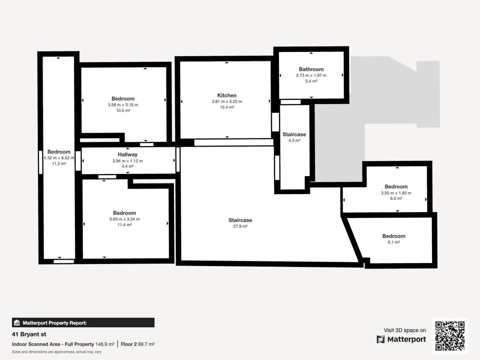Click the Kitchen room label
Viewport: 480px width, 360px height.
[227, 95]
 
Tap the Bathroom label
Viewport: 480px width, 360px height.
[311, 69]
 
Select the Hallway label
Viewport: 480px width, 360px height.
[127, 154]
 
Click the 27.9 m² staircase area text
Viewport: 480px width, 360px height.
[240, 226]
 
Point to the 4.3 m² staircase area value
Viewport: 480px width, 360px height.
[294, 140]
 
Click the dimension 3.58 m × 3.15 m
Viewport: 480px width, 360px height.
[123, 104]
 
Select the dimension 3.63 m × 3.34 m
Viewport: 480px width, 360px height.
[124, 219]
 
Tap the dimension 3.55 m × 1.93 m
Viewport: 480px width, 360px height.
[396, 193]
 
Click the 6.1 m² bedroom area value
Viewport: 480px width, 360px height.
[393, 242]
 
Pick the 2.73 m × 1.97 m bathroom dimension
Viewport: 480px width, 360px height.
[311, 75]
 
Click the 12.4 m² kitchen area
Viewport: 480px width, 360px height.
[227, 107]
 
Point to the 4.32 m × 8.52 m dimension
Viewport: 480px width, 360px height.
[59, 158]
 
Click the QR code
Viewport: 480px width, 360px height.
[450, 336]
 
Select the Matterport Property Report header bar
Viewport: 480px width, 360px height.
[83, 322]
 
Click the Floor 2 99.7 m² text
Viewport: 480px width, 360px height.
[137, 344]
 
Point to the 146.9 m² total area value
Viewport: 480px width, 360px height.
[104, 344]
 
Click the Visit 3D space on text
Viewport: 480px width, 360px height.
[404, 330]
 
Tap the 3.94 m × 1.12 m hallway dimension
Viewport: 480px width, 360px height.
[127, 160]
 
